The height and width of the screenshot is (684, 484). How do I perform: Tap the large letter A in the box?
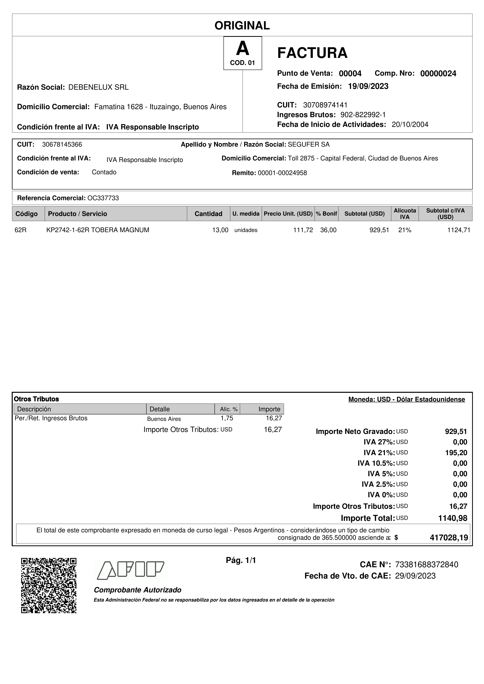click(242, 49)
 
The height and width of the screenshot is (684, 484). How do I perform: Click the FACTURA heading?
click(312, 53)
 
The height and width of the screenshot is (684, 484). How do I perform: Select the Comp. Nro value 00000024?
click(438, 73)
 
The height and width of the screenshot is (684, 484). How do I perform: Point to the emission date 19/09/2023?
click(368, 86)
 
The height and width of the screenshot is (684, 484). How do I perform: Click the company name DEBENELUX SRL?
click(98, 87)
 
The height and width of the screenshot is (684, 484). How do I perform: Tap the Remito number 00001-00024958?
click(282, 173)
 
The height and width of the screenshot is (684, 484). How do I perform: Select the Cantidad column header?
click(208, 214)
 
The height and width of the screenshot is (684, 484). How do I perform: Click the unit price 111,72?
click(303, 230)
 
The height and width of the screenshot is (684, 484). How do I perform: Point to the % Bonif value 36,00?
click(328, 230)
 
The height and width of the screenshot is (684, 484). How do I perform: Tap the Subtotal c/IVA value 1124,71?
click(459, 230)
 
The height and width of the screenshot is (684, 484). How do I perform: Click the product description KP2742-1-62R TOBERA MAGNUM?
click(98, 230)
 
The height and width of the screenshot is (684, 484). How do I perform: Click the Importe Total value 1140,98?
click(452, 518)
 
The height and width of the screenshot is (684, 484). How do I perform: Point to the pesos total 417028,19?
click(449, 538)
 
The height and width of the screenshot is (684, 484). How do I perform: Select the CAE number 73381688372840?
click(426, 565)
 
